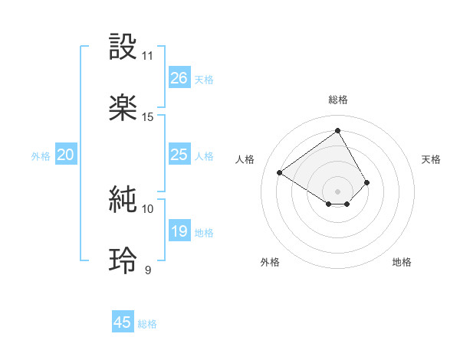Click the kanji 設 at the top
pos(123,47)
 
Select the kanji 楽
pos(123,108)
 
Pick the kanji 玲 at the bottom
pos(123,260)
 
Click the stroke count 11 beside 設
pos(148,56)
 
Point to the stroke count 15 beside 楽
pos(148,117)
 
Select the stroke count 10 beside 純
pos(148,208)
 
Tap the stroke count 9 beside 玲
pos(148,270)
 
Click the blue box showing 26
pos(179,78)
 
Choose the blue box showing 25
pos(179,155)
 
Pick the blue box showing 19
pos(179,231)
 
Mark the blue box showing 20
pos(66,155)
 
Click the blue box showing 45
pos(123,322)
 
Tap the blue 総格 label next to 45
pos(147,324)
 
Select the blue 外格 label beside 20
pos(41,156)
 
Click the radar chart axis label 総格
pos(338,100)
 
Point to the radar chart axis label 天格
pos(432,159)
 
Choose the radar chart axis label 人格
pos(245,159)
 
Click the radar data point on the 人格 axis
pos(280,172)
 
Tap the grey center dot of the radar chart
pos(338,191)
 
